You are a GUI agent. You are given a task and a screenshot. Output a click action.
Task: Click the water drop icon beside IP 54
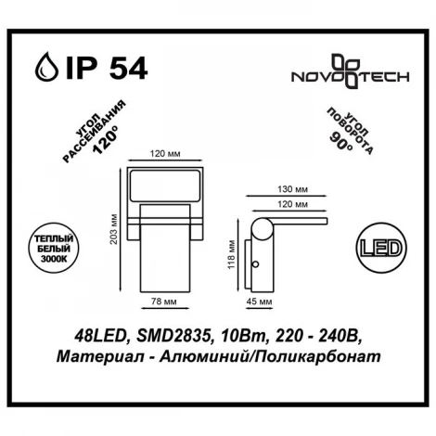click(x=44, y=69)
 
